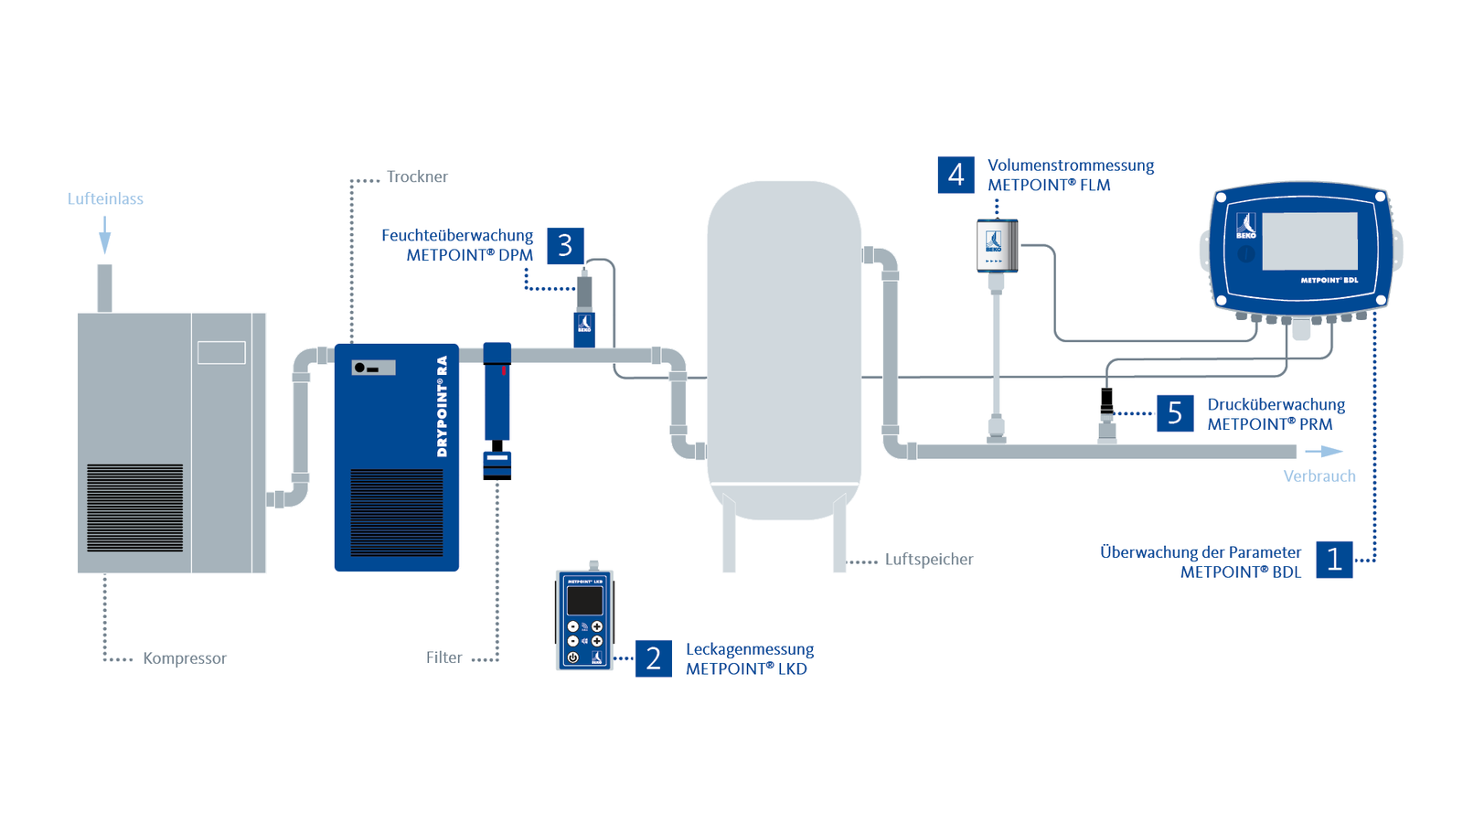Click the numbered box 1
pos(1334,560)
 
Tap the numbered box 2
pos(653,658)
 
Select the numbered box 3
pos(565,246)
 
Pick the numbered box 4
pos(956,175)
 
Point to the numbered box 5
pos(1175,413)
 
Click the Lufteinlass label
pos(105,198)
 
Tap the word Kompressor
pos(184,658)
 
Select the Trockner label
pos(417,176)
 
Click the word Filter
pos(443,657)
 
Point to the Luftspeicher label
pos(928,560)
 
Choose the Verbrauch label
pos(1319,476)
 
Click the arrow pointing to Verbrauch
pos(1324,452)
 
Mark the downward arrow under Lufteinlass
pos(105,236)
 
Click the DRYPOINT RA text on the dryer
pos(443,407)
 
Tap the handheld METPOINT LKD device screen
pos(584,601)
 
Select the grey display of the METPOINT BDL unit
pos(1309,240)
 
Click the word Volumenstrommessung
pos(1070,166)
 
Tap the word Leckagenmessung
pos(749,649)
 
